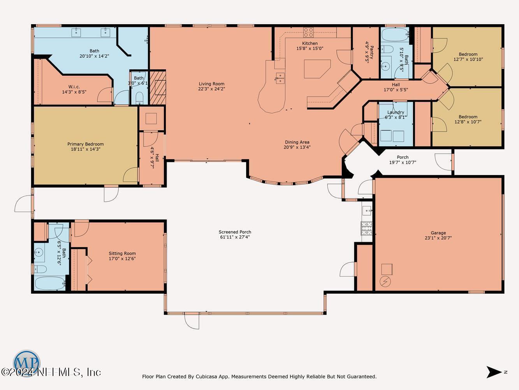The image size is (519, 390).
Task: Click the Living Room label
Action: tap(211, 84)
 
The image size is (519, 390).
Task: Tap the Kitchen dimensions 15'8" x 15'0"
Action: tap(310, 48)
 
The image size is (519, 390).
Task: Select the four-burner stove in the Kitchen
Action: tap(309, 32)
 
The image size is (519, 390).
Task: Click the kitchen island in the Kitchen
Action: tap(317, 69)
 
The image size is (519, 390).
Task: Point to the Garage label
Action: tap(438, 233)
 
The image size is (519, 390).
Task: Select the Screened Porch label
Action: tap(235, 232)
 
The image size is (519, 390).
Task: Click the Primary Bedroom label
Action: tap(86, 144)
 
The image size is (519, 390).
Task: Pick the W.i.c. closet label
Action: tap(74, 87)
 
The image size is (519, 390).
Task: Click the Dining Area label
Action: tap(297, 142)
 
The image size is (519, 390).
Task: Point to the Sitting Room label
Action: tap(122, 253)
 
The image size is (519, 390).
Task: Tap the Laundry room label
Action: tap(396, 112)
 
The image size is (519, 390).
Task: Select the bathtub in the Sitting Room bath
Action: tap(50, 284)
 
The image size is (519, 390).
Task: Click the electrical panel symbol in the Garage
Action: tap(385, 282)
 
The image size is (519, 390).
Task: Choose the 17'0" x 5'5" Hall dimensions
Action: tap(396, 90)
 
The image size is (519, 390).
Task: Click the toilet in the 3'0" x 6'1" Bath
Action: tap(139, 97)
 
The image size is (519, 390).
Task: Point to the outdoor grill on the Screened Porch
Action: tap(366, 228)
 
